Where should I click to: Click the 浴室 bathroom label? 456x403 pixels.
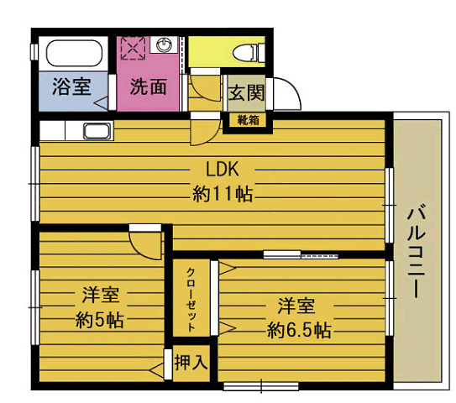[71, 86]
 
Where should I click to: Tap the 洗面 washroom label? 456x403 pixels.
[148, 86]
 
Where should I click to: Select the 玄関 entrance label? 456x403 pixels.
[246, 92]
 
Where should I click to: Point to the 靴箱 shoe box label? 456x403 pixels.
[248, 120]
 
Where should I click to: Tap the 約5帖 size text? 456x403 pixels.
[99, 320]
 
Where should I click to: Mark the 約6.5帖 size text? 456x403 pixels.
[298, 329]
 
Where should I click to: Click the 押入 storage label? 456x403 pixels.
[190, 364]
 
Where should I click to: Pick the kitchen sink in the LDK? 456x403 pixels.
[97, 132]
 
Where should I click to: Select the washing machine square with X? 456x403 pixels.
[133, 47]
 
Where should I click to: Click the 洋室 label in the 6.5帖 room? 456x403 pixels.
[297, 304]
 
